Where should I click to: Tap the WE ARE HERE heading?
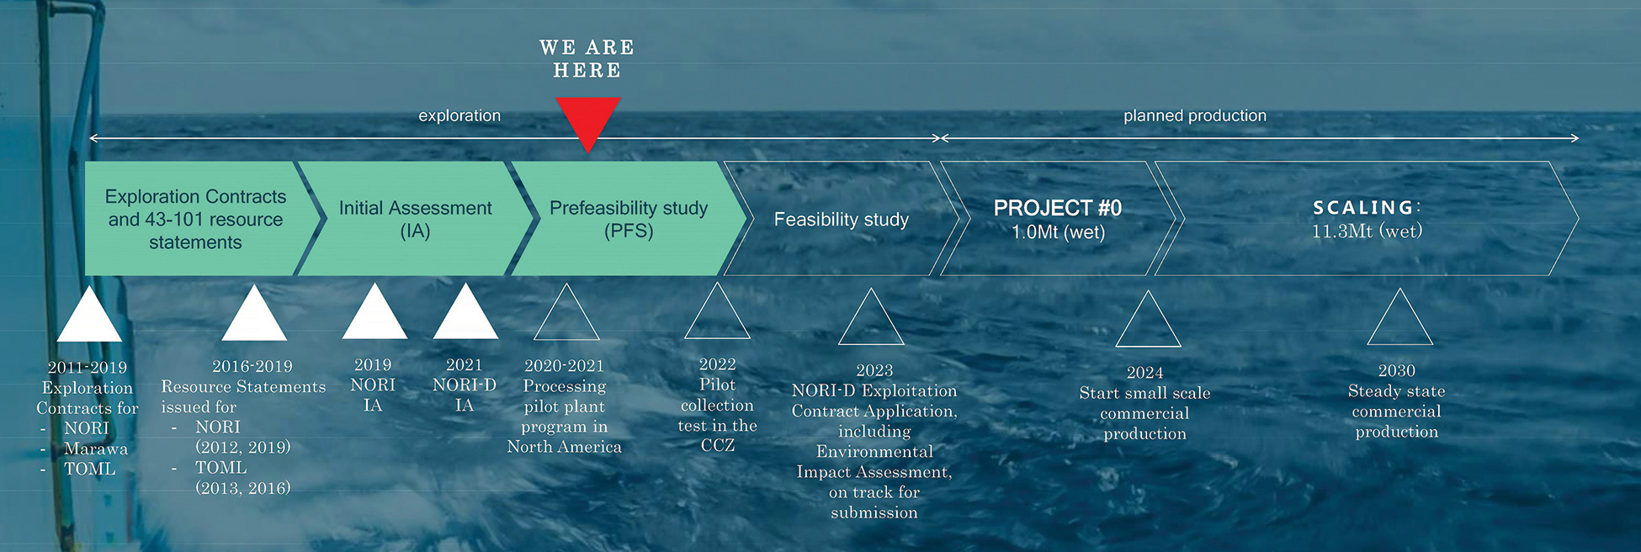click(x=587, y=59)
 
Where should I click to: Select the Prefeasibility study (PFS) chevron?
click(x=629, y=219)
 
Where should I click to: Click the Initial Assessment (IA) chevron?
click(x=416, y=219)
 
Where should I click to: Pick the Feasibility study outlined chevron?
click(x=842, y=219)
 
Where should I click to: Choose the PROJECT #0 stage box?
click(x=1058, y=219)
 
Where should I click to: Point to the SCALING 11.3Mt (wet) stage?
click(x=1367, y=219)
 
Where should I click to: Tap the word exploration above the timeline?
click(x=459, y=115)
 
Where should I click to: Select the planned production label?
click(x=1195, y=115)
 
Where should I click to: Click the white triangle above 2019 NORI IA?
click(x=374, y=313)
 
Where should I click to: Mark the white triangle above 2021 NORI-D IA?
click(x=465, y=313)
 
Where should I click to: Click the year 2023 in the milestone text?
click(x=874, y=370)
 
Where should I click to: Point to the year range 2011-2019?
click(x=88, y=367)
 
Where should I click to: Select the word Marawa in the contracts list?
click(x=96, y=448)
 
